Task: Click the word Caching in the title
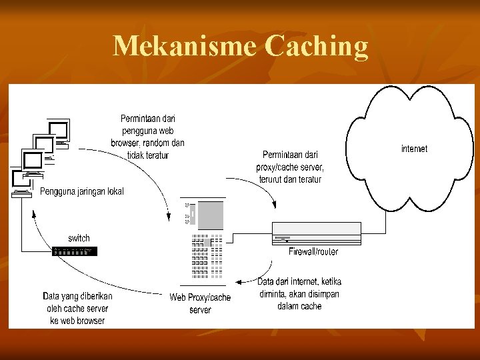click(316, 47)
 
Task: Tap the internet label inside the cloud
click(414, 149)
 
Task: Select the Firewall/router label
click(313, 251)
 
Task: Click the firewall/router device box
click(317, 233)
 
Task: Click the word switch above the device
click(79, 238)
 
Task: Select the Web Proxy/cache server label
click(200, 303)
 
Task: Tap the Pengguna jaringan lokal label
click(81, 191)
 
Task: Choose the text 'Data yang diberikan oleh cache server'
click(77, 302)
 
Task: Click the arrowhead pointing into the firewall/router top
click(274, 205)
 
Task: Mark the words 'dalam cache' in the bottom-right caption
click(299, 306)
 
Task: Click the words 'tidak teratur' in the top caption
click(148, 155)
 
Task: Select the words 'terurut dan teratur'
click(290, 179)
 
